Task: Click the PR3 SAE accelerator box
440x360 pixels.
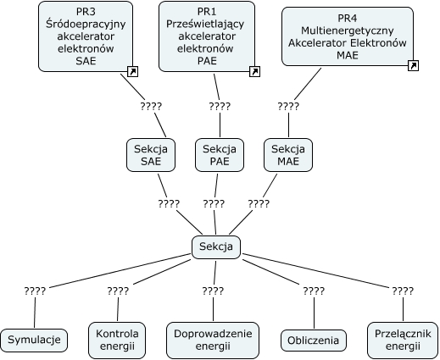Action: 86,36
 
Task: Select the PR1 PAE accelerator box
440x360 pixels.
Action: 207,36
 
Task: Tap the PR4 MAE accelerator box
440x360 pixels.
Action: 348,36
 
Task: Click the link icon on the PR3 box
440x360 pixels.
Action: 132,71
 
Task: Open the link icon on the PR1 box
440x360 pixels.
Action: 254,71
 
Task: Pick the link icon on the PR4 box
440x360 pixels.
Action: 413,65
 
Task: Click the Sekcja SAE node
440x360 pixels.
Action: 151,155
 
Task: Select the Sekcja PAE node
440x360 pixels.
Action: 220,155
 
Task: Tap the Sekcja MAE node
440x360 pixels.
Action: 288,155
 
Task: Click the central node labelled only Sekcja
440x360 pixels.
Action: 216,247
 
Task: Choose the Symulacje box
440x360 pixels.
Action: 34,340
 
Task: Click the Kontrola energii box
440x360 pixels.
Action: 117,340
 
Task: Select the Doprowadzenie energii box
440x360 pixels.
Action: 213,340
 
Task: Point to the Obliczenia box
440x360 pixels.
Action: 314,341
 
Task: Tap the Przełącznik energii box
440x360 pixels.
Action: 403,340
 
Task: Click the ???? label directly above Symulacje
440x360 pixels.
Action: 35,291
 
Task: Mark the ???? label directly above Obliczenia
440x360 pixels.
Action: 314,291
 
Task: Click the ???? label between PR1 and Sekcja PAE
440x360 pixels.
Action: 220,107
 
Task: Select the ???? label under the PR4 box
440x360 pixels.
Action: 288,107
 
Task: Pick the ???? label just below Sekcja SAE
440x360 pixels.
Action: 169,204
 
